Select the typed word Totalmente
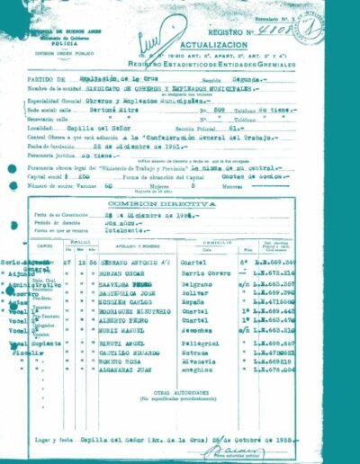[150, 233]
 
